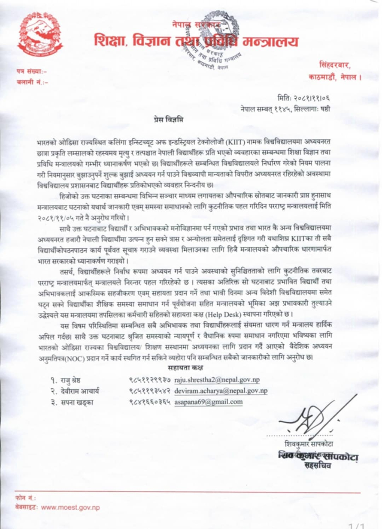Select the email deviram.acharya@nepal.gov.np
coord(221,391)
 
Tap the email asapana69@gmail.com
coord(209,402)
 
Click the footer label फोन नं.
coord(25,499)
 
